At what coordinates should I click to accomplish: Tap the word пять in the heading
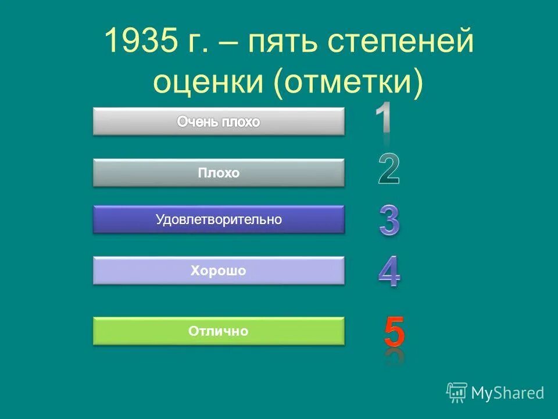pos(281,43)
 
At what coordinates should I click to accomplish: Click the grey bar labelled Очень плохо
pos(219,122)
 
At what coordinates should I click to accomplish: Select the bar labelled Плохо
pos(219,173)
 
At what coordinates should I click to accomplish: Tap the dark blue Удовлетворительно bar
pos(219,219)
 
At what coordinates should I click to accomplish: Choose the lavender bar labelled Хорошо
pos(219,271)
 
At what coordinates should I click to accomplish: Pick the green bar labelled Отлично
pos(219,331)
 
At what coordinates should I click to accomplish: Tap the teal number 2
pos(388,169)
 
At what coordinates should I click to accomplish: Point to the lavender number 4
pos(389,272)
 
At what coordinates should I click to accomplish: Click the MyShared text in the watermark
pos(507,393)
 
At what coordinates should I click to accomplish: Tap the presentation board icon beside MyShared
pos(456,392)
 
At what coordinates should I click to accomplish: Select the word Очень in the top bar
pos(197,122)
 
